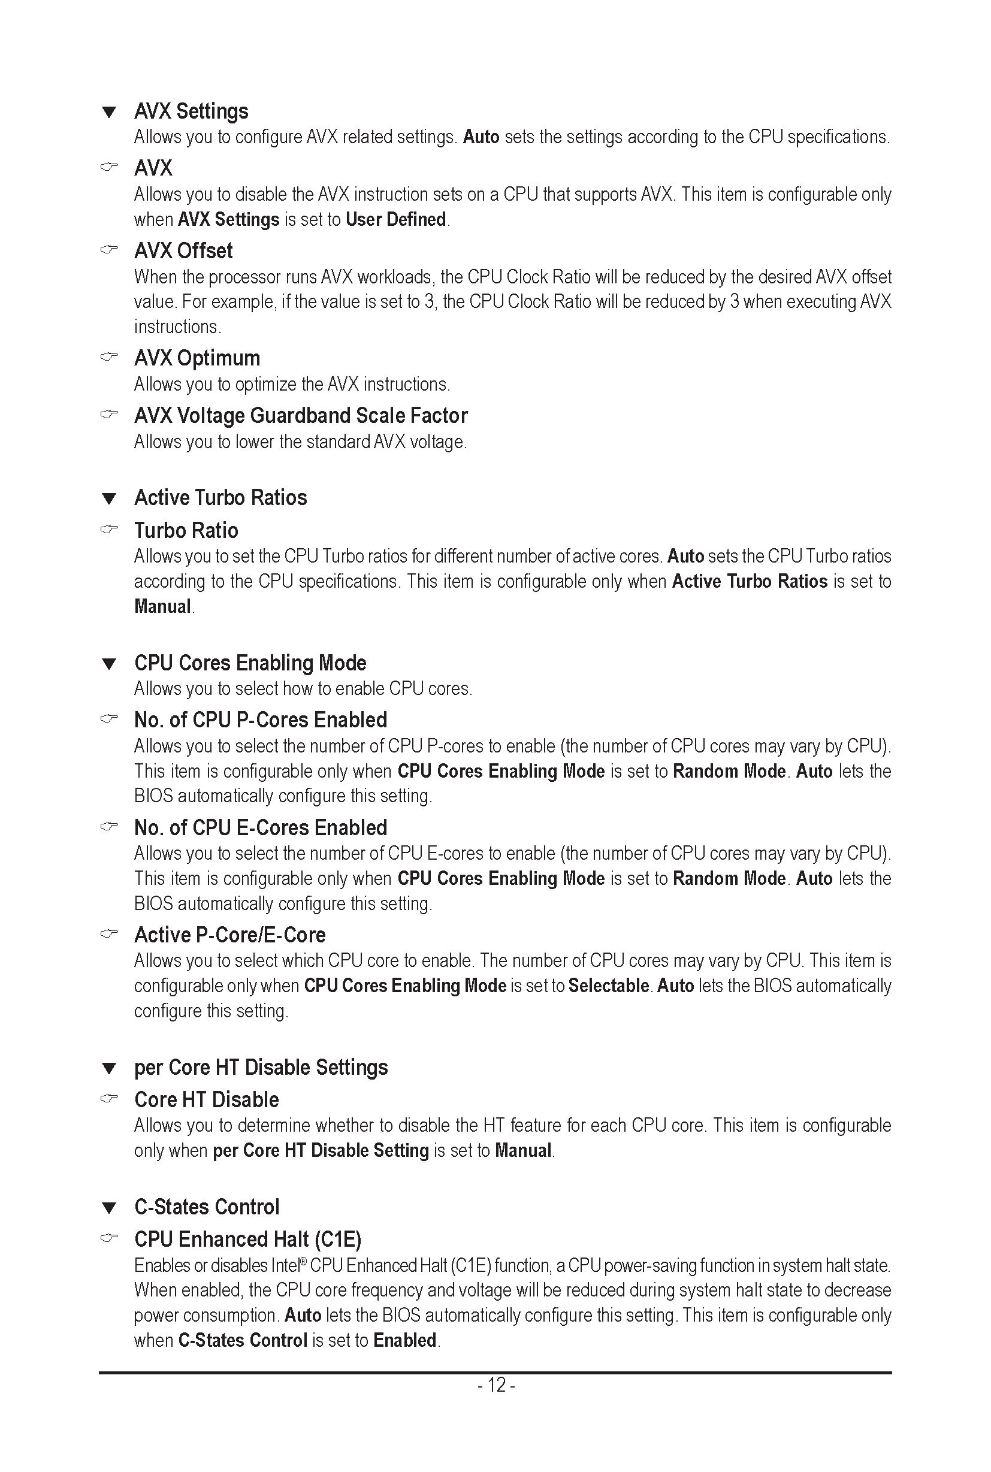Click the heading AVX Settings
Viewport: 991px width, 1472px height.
pyautogui.click(x=191, y=111)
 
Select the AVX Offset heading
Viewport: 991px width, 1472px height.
pyautogui.click(x=183, y=251)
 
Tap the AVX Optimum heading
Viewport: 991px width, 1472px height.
pyautogui.click(x=197, y=358)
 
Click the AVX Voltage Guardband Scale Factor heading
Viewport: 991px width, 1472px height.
pyautogui.click(x=301, y=416)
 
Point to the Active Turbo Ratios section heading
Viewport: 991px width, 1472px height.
pyautogui.click(x=220, y=498)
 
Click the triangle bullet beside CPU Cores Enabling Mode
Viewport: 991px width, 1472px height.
pyautogui.click(x=109, y=664)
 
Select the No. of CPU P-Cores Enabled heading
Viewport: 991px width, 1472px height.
pyautogui.click(x=261, y=720)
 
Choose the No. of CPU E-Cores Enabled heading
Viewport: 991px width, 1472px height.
pyautogui.click(x=261, y=828)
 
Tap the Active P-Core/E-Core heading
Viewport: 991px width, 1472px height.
pyautogui.click(x=230, y=935)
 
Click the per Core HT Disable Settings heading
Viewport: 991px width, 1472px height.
pyautogui.click(x=261, y=1068)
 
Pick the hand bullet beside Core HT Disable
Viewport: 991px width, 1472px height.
pyautogui.click(x=109, y=1099)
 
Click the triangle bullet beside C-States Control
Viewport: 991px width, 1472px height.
pyautogui.click(x=109, y=1208)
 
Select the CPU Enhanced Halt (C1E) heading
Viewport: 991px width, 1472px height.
pyautogui.click(x=248, y=1240)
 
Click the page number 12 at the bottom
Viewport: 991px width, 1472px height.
pyautogui.click(x=497, y=1385)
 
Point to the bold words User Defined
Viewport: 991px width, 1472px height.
pyautogui.click(x=395, y=220)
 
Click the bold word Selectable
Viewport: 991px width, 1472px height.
pyautogui.click(x=609, y=986)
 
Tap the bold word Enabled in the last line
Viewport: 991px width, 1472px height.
pyautogui.click(x=404, y=1341)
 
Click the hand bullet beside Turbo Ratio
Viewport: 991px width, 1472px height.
pyautogui.click(x=109, y=529)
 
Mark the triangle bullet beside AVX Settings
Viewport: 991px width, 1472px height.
pyautogui.click(x=109, y=113)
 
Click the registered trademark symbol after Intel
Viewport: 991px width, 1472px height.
pyautogui.click(x=303, y=1262)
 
